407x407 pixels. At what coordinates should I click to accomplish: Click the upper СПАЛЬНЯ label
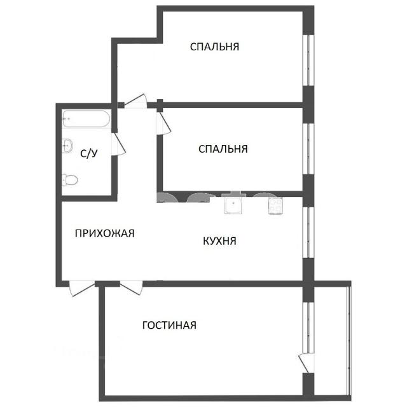coord(214,46)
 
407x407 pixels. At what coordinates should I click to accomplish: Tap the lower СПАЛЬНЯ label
coord(223,149)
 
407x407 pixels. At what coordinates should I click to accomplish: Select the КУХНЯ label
coord(219,241)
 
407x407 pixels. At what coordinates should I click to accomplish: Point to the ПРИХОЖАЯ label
coord(104,233)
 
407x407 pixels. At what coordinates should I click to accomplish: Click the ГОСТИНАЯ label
coord(170,325)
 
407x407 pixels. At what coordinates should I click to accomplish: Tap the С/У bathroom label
coord(89,154)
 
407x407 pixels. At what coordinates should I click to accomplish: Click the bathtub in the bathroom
coord(86,119)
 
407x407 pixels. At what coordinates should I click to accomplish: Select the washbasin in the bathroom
coord(67,146)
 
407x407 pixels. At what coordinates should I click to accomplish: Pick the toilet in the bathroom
coord(70,180)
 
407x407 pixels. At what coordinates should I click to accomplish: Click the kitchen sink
coord(233,203)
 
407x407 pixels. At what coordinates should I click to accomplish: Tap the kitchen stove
coord(275,206)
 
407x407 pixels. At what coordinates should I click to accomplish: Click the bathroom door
coord(119,144)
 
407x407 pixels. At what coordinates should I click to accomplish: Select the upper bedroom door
coord(135,101)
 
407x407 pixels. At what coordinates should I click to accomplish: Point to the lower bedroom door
coord(164,121)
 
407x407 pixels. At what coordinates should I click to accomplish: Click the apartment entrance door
coord(82,289)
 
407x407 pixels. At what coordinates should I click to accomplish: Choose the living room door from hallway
coord(132,288)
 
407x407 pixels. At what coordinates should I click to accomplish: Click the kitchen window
coord(308,232)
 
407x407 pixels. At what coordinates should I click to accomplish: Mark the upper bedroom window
coord(308,60)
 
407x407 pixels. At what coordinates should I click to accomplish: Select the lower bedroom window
coord(308,148)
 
